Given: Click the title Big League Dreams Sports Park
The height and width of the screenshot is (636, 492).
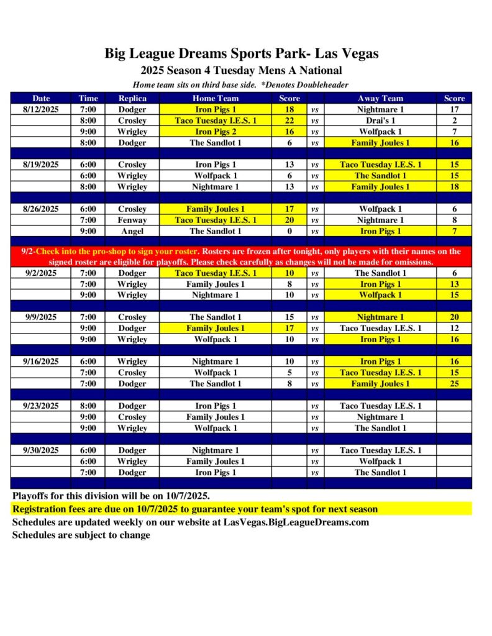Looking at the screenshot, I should coord(241,53).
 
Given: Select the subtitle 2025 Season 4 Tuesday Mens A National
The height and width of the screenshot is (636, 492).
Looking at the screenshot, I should coord(241,70).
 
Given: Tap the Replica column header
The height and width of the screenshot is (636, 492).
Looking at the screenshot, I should coord(132,98).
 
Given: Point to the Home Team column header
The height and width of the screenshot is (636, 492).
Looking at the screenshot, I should coord(216,98).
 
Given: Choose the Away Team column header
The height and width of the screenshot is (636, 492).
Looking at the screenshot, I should coord(380,98).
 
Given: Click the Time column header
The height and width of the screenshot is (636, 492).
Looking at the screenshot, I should coord(88,98).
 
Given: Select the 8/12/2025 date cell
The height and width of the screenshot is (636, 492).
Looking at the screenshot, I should coord(42,109).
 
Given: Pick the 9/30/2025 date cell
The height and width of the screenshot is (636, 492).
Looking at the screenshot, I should coord(42,450).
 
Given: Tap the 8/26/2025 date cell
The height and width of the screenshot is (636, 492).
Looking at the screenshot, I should coord(42,209).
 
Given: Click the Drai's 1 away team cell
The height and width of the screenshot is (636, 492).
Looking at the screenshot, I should coord(380,120).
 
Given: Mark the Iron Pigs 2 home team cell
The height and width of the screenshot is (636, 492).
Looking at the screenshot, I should coord(216,132).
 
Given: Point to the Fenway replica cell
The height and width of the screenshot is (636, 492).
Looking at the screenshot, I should coord(132,220).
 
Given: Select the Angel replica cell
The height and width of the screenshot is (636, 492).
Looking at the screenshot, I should coord(132,231).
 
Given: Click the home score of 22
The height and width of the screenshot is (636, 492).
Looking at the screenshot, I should coord(289,120).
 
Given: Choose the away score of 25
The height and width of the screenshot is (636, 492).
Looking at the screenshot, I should coord(454,384).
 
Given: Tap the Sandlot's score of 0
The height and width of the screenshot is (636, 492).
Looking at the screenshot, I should coord(289,231).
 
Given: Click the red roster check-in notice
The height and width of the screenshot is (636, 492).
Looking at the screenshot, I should coord(241,257).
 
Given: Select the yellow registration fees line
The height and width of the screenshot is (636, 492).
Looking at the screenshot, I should coord(195,509).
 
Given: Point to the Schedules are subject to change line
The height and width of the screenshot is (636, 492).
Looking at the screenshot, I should coord(81,535).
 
